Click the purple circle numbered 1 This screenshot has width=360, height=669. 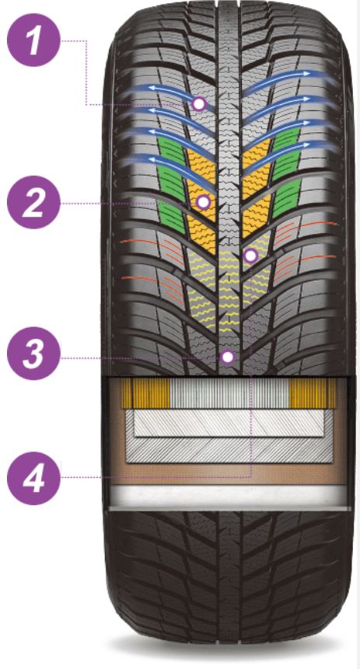point(33,40)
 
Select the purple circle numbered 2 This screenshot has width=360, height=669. point(33,202)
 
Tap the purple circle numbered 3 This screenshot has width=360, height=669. point(33,354)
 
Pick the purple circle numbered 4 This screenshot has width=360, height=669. point(33,478)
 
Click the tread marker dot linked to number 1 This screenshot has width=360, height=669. point(198,103)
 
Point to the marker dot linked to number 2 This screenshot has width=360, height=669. point(203,202)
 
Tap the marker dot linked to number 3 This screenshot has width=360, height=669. point(228,357)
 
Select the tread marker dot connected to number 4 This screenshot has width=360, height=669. point(250,256)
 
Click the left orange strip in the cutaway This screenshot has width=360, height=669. point(145,393)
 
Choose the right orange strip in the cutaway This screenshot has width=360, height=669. point(313,393)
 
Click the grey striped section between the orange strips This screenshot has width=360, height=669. point(229,393)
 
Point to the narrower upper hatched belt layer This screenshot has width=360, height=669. point(229,423)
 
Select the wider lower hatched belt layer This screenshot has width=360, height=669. point(229,450)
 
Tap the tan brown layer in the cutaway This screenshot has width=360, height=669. point(229,474)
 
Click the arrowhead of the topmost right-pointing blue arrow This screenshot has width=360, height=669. point(306,73)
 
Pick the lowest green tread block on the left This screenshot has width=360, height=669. point(172,216)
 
